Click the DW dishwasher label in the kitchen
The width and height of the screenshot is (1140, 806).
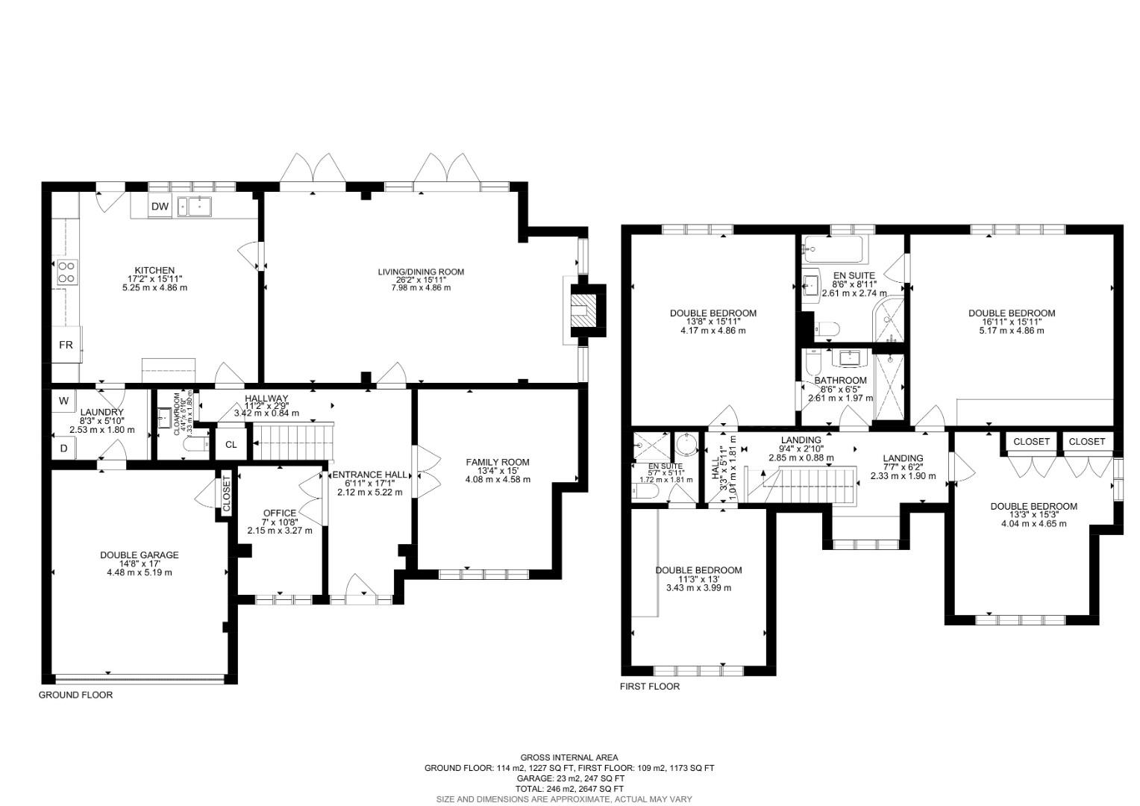(x=160, y=207)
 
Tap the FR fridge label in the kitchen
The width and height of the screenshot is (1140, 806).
(x=66, y=346)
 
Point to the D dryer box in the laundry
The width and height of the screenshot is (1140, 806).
(x=63, y=448)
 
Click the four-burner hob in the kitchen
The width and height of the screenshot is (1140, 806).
(x=66, y=272)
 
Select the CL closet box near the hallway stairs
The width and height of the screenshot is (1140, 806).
(x=231, y=445)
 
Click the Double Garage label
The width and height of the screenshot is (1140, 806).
(x=140, y=555)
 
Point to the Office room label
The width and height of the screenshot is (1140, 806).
(x=280, y=513)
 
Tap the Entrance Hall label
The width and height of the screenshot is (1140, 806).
(x=370, y=475)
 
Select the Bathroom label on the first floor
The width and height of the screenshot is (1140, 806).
(x=840, y=381)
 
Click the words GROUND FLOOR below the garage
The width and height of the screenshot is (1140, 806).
(x=75, y=695)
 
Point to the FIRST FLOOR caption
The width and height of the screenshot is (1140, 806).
(x=650, y=687)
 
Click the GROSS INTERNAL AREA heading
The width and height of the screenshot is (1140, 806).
(x=569, y=757)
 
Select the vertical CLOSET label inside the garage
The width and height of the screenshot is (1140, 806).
(x=227, y=494)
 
